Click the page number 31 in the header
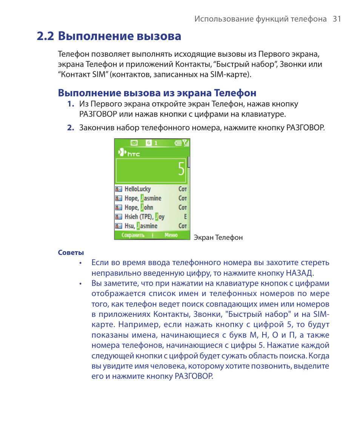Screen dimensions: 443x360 coord(337,19)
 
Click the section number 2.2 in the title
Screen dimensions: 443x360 coord(45,36)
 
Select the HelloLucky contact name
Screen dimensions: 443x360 coord(137,189)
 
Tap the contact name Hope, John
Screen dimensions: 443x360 coord(139,207)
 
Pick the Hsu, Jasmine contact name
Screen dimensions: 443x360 coord(141,226)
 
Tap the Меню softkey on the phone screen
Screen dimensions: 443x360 coord(171,235)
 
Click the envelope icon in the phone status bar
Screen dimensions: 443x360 coord(134,143)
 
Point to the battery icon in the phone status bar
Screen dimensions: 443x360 coord(178,143)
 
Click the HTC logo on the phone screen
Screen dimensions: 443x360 coord(129,153)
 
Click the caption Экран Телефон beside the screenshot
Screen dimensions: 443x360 coord(218,238)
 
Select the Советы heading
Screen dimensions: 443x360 coord(71,253)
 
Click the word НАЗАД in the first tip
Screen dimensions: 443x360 coord(298,273)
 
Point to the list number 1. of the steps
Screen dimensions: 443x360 coord(71,104)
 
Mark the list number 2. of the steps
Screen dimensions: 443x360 coord(71,128)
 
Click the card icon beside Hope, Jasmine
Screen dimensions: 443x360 coord(118,198)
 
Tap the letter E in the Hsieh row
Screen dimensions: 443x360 coord(185,217)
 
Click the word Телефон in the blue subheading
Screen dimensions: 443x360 coord(235,93)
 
